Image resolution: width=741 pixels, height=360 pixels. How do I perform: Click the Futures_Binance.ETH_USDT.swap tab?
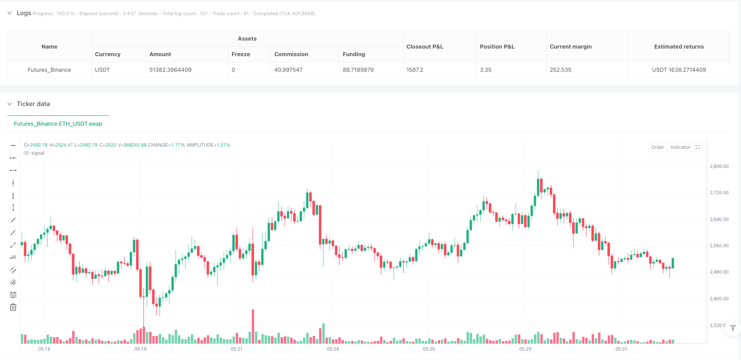[58, 124]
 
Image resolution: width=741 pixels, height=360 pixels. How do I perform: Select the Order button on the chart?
[657, 147]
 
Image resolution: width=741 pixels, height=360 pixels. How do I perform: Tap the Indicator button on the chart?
[680, 147]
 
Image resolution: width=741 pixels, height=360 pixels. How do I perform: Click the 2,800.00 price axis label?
[719, 167]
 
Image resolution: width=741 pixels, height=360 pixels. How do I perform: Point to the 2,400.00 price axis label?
[719, 299]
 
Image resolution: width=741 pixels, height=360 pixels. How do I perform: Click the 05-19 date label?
[140, 349]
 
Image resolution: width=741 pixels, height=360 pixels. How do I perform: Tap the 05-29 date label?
[525, 349]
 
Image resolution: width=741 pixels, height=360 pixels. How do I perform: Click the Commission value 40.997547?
[288, 70]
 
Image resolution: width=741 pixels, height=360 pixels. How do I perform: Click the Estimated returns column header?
[679, 47]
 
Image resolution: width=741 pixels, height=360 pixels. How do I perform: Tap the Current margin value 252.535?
[560, 70]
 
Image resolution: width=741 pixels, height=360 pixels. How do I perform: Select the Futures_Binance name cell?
[49, 70]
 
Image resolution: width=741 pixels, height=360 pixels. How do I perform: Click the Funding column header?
[354, 54]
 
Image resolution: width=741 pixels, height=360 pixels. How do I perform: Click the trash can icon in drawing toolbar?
[13, 307]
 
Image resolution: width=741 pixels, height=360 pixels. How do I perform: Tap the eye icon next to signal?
[27, 153]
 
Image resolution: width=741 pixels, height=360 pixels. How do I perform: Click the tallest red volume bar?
[253, 326]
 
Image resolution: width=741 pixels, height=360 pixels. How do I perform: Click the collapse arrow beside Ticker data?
[9, 104]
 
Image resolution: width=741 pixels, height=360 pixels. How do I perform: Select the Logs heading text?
[24, 13]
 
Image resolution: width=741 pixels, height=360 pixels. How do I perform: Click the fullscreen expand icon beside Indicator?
[698, 147]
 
